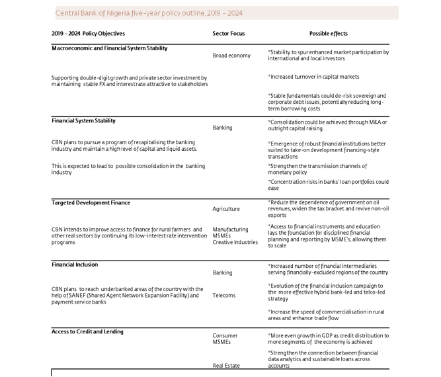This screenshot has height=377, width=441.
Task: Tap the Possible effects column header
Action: [328, 33]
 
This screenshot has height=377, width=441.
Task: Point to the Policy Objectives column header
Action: [88, 33]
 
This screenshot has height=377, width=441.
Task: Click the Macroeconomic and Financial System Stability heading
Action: [109, 48]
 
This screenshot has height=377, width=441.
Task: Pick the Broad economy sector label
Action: [231, 56]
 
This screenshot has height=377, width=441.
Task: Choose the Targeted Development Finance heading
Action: [91, 203]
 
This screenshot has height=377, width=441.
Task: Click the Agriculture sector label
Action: [226, 209]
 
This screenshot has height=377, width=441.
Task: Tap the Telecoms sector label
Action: [224, 296]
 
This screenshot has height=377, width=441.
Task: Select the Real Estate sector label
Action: [226, 365]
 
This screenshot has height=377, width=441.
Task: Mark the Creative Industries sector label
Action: [235, 242]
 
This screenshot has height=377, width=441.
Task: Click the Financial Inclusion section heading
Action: [75, 265]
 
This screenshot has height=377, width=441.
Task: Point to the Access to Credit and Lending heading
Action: [87, 331]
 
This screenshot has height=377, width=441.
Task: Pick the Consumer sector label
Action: [225, 336]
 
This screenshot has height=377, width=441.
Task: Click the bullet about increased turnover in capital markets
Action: [313, 77]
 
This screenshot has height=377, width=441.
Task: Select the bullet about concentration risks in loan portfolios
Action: [328, 185]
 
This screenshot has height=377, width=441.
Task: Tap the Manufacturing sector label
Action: [230, 230]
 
